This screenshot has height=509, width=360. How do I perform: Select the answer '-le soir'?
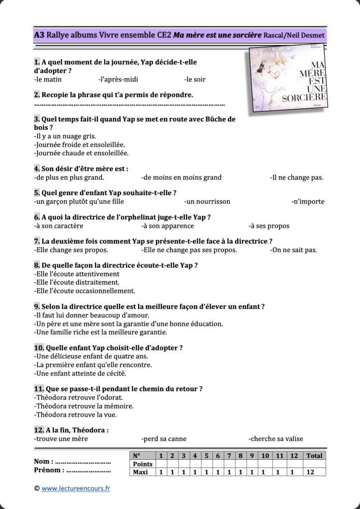194,80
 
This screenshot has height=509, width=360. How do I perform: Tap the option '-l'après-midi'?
118,80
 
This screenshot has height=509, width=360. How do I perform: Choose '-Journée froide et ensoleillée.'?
80,145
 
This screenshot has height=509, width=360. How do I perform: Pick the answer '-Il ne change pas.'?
297,177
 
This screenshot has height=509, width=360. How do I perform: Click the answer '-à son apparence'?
168,226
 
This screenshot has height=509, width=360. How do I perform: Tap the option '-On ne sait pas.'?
294,250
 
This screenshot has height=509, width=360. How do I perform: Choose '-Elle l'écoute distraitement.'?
77,282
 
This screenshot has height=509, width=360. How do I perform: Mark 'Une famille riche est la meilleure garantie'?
100,332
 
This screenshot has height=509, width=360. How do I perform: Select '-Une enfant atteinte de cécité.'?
80,373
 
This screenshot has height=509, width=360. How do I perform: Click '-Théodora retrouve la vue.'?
76,414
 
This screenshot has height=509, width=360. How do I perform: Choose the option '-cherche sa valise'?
275,439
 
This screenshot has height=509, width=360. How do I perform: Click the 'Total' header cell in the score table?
314,456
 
